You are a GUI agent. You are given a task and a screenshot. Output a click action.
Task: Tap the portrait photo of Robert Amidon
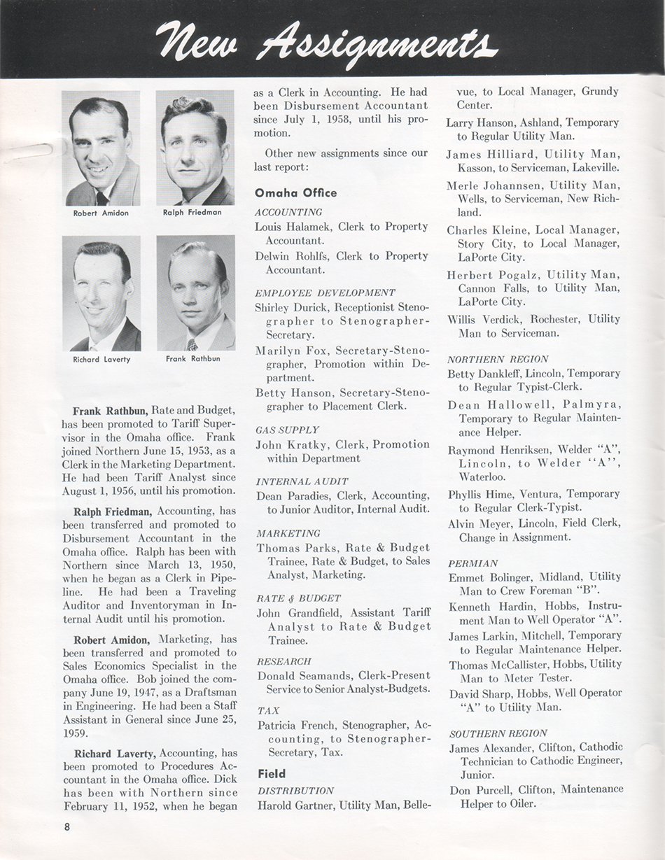101,148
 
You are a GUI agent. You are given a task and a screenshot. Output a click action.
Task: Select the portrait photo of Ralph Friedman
195,148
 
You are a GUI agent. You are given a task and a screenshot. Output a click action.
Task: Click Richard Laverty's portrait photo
101,293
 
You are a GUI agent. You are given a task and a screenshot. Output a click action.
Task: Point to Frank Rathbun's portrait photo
196,293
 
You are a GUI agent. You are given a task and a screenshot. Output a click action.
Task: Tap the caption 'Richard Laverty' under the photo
101,360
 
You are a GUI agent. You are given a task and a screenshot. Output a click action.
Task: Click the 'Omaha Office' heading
295,192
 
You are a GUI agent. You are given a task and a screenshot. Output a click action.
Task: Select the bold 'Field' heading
271,774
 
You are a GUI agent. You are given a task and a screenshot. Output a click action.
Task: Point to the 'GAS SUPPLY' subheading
287,430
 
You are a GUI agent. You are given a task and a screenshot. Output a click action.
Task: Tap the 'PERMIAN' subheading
473,563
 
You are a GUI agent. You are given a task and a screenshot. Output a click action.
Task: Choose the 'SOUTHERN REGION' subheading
498,733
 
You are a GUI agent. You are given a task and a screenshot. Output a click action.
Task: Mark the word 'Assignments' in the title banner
377,43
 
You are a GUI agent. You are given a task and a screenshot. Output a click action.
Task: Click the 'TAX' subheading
268,710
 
